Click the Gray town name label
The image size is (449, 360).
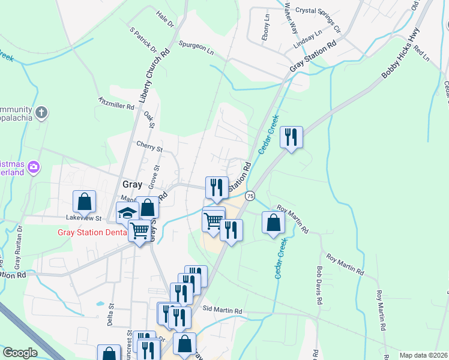pos(132,184)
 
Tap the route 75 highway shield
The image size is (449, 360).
pos(250,196)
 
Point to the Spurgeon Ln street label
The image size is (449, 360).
pos(196,47)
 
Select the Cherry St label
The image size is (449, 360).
pos(149,146)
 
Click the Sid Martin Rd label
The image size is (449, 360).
pos(222,311)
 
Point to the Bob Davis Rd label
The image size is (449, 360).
pos(320,285)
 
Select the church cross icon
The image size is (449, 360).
pos(41,112)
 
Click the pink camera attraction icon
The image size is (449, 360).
pos(34,166)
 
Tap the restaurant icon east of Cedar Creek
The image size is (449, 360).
pos(291,137)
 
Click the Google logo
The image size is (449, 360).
pos(19,353)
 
